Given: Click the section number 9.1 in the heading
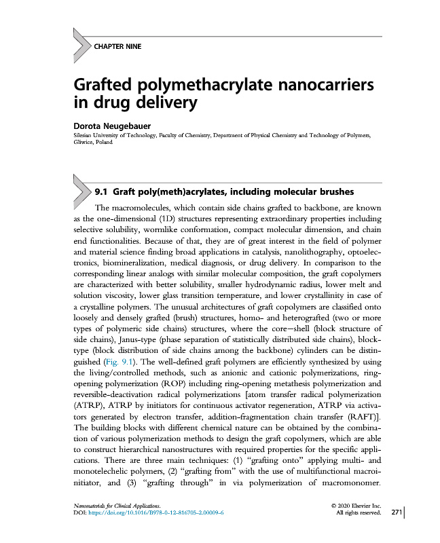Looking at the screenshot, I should click(103, 191).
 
